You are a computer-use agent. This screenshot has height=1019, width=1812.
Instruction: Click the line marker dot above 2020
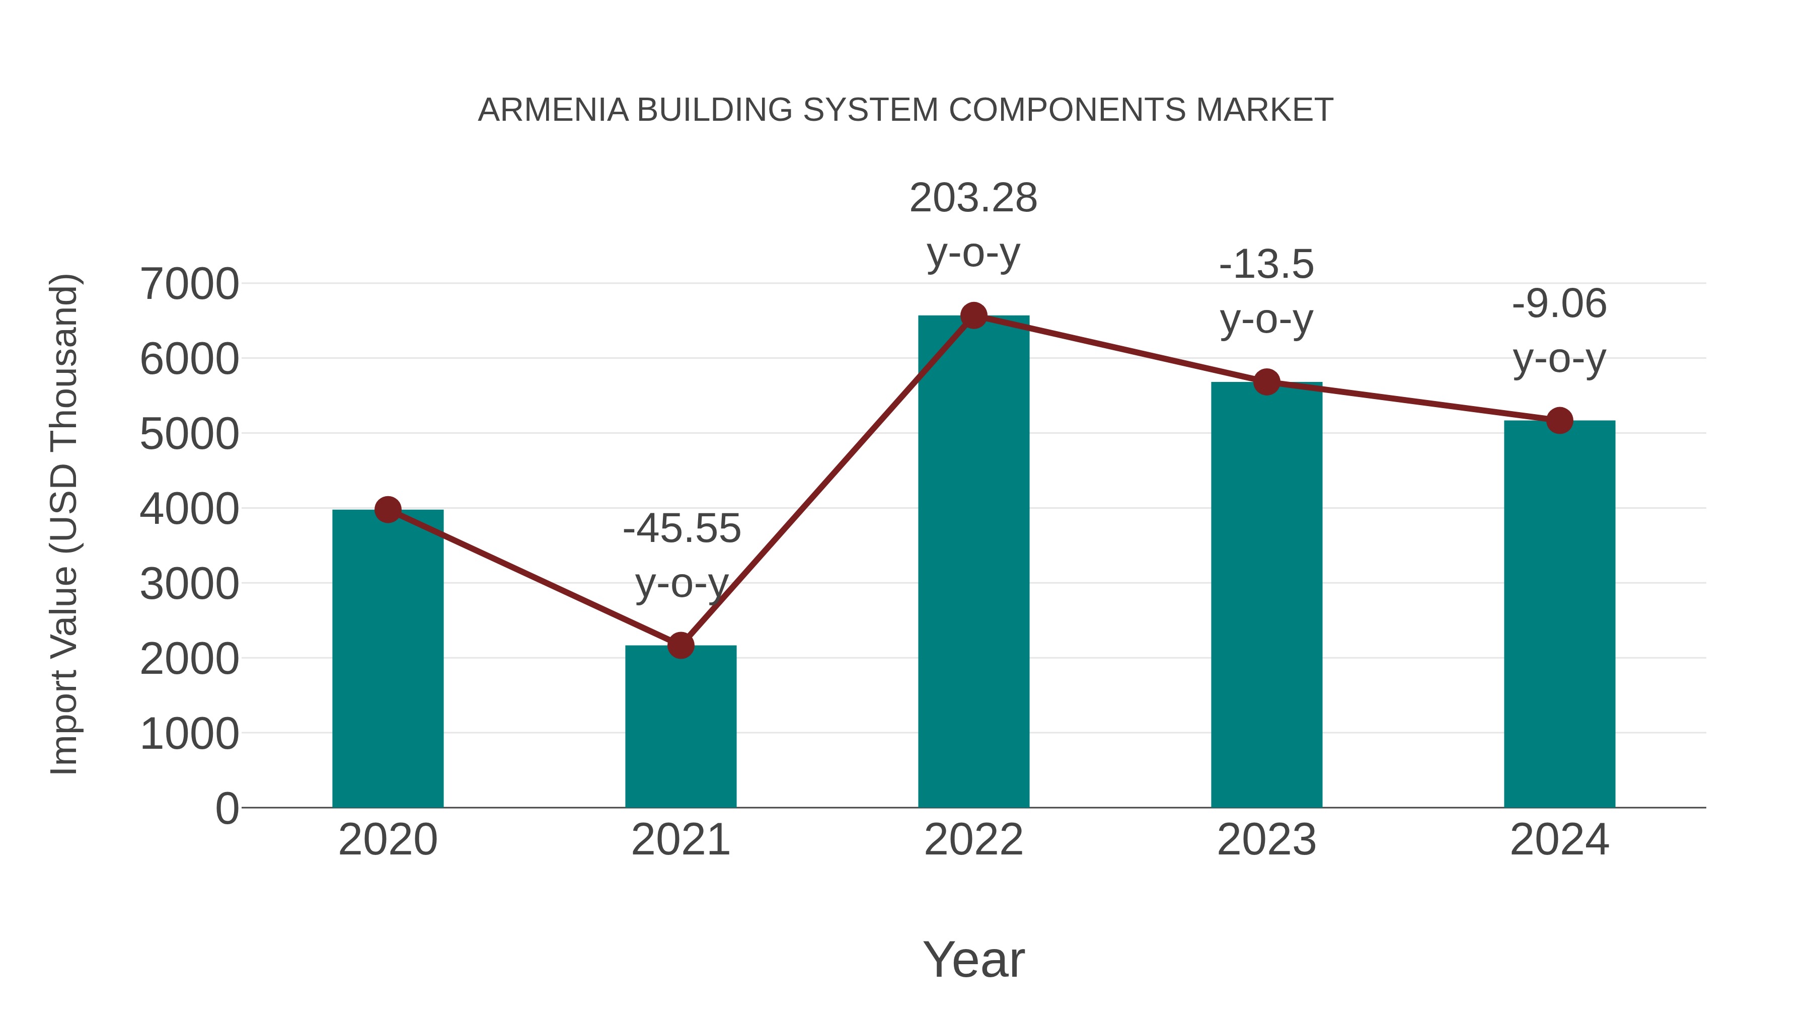388,510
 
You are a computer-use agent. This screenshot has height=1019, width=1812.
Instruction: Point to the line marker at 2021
680,645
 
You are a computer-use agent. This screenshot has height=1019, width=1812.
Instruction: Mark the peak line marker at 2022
973,316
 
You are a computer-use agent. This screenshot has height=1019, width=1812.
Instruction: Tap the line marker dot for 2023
1266,382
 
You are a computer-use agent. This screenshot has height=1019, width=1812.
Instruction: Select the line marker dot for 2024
1559,421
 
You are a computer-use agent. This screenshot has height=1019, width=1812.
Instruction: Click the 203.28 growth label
973,198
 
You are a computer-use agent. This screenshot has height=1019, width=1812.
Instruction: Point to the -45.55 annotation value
682,529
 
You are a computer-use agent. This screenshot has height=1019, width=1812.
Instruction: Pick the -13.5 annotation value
1266,265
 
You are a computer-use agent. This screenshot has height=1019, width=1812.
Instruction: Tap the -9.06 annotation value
1559,304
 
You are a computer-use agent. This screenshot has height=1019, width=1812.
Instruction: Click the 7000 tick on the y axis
189,285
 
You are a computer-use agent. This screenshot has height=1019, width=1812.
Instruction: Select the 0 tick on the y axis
226,809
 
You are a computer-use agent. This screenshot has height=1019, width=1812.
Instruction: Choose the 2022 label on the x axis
973,840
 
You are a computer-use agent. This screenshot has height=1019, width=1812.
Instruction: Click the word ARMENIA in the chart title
553,110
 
